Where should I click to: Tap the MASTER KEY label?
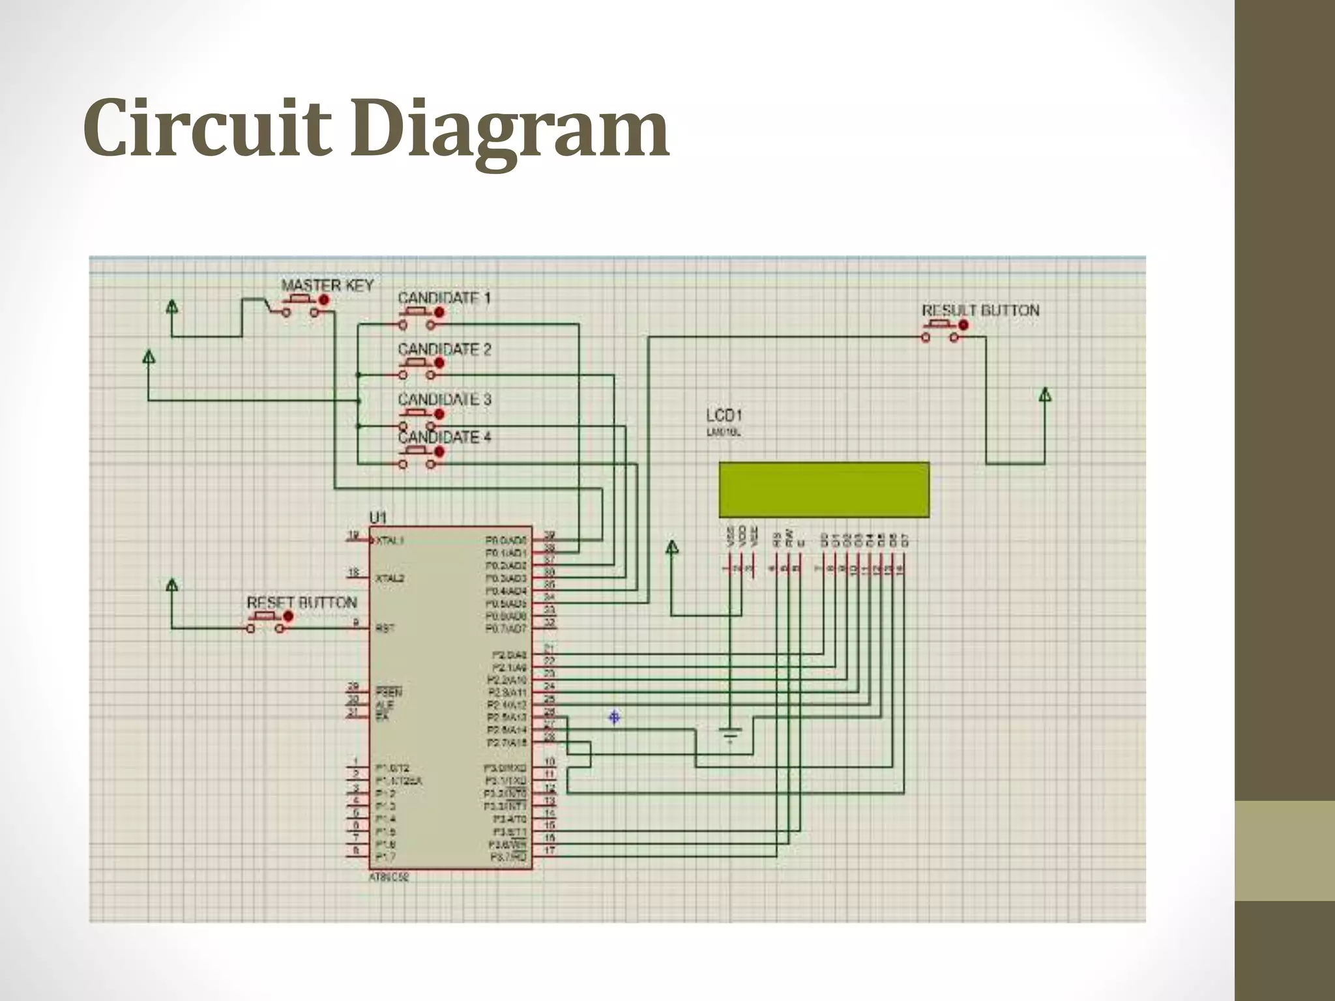point(327,285)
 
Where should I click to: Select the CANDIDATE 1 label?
point(444,298)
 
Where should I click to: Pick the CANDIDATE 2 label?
point(445,349)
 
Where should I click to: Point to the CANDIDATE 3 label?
point(445,399)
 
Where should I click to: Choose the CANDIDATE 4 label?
point(445,437)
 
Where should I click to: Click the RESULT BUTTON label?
point(980,310)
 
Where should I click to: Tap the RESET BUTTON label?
point(302,602)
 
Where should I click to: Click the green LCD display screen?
point(824,489)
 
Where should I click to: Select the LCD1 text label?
point(724,415)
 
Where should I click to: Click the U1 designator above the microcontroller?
point(378,517)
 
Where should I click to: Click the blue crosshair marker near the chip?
point(614,718)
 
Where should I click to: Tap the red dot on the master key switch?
point(324,300)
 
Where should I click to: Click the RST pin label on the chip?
point(385,628)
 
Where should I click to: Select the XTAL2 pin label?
point(390,578)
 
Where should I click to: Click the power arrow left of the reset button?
point(172,585)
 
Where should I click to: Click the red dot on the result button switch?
point(963,325)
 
